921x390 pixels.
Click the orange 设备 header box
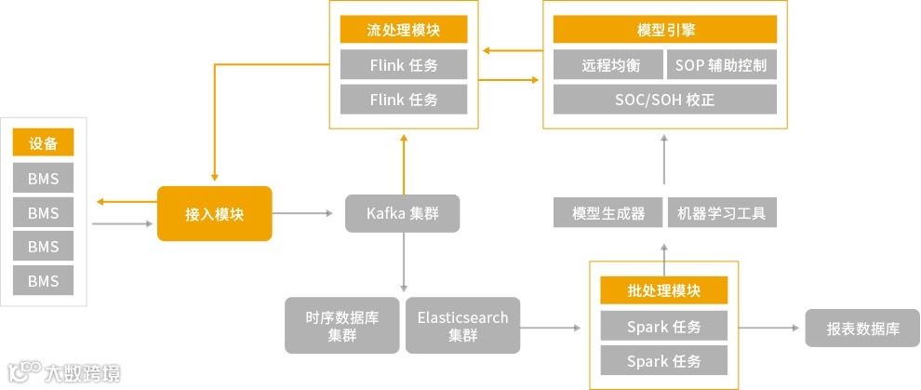coord(43,143)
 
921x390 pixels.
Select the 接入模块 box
coord(214,214)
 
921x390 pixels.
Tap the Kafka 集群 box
coord(402,214)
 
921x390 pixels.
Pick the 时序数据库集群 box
coord(342,326)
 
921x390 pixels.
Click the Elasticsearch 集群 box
coord(462,326)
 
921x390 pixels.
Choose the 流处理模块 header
coord(403,30)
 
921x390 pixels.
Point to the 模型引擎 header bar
coord(664,30)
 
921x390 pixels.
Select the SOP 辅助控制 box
coord(721,65)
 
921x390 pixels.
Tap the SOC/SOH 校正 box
coord(664,100)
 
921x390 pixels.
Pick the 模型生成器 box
coord(608,213)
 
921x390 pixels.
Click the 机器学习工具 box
coord(722,213)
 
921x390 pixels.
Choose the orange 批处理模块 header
coord(663,290)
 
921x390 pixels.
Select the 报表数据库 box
coord(862,328)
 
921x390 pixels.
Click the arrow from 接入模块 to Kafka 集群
coord(302,214)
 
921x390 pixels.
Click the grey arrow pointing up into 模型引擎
coord(664,158)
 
